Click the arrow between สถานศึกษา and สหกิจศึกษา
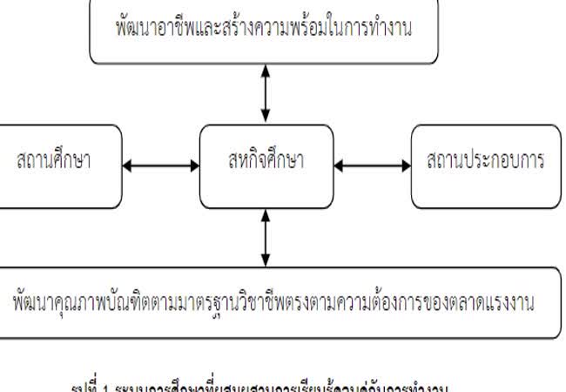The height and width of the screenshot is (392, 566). coord(162,163)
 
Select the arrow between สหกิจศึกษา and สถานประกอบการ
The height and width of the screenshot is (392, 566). coord(372,163)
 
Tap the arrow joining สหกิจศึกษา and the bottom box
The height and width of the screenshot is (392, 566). coord(266,236)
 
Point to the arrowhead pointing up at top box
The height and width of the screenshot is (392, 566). coord(266,69)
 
